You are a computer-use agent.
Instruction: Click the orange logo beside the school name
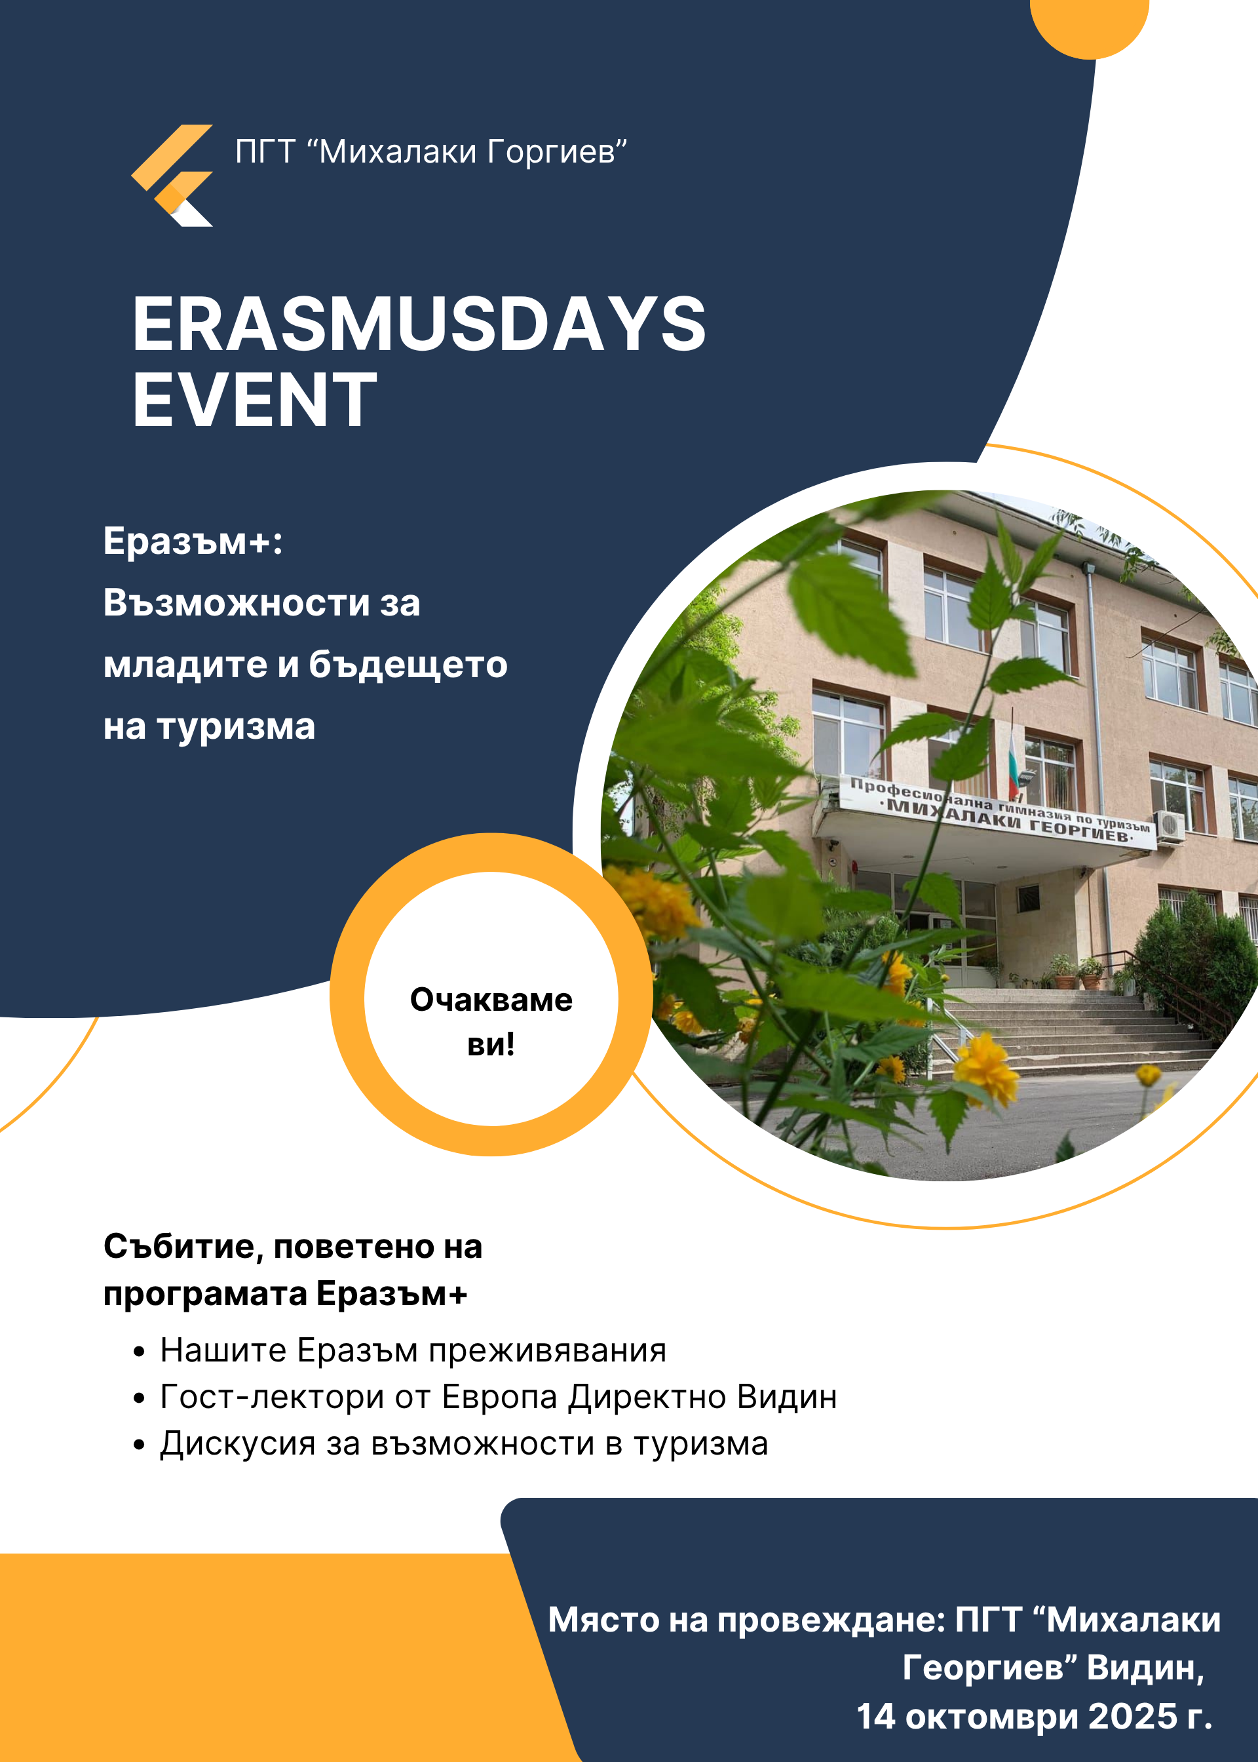pos(172,175)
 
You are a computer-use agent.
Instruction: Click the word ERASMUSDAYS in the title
pos(419,324)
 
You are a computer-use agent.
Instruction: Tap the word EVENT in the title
pos(255,400)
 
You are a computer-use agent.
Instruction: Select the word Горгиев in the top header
pos(557,151)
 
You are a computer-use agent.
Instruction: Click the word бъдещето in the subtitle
pos(408,664)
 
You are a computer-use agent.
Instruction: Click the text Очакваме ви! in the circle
pos(491,1021)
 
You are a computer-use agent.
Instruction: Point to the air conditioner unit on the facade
pos(1170,826)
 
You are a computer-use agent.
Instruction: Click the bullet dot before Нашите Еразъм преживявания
pos(139,1352)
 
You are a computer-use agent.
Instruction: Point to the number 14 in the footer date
pos(875,1717)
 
